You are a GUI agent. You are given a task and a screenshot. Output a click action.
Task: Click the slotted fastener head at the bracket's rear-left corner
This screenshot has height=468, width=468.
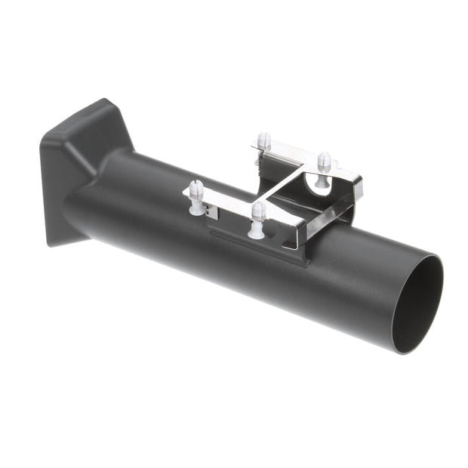(263, 139)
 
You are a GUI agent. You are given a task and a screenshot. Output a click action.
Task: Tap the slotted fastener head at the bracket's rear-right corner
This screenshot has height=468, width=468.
(324, 159)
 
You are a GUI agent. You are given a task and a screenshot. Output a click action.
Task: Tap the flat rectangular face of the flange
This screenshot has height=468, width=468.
(53, 189)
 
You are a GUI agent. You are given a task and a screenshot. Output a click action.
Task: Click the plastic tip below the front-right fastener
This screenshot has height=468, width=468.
(257, 229)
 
